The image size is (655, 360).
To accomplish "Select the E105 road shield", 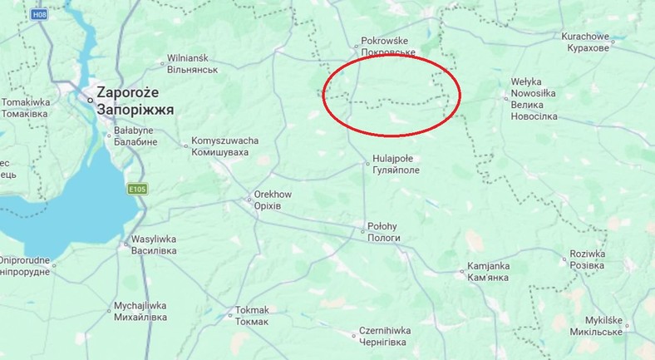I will tap(138, 190).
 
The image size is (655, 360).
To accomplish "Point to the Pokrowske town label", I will tap(387, 40).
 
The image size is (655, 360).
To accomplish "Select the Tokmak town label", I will tap(252, 310).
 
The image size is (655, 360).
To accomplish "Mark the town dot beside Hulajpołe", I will tap(367, 164).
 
